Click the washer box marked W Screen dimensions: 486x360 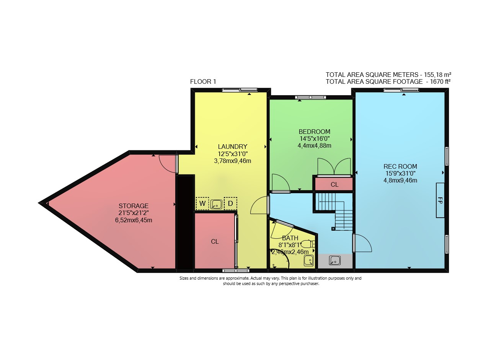click(202, 203)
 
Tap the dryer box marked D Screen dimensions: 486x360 click(230, 203)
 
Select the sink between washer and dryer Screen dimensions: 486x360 click(216, 204)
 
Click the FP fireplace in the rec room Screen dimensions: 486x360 click(440, 200)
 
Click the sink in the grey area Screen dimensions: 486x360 click(334, 261)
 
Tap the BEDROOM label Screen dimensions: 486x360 click(315, 132)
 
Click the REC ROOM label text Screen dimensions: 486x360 click(400, 166)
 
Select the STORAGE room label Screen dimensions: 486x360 click(134, 206)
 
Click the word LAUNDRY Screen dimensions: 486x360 click(233, 147)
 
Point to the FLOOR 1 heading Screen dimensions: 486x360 click(203, 82)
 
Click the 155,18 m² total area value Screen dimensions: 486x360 click(437, 75)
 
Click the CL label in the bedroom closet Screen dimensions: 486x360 click(334, 185)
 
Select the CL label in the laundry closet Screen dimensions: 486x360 click(215, 241)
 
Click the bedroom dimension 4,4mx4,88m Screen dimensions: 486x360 click(315, 146)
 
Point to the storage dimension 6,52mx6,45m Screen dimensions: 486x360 click(134, 220)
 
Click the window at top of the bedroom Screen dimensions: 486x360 click(310, 98)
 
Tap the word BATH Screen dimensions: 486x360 click(290, 238)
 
